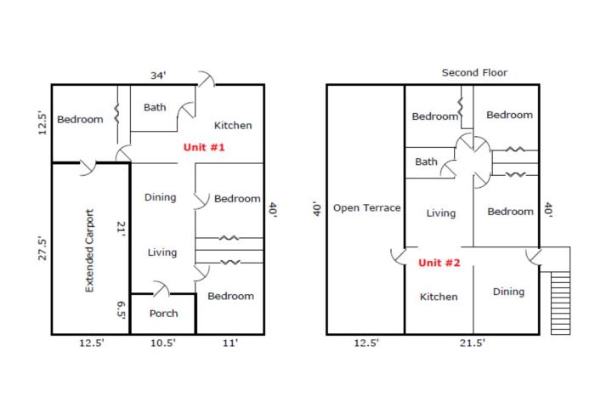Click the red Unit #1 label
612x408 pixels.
(204, 147)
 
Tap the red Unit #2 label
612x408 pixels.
(439, 263)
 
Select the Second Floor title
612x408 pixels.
(474, 72)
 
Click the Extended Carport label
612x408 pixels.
(89, 251)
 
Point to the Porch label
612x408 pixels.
(163, 313)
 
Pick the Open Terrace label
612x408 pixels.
(367, 207)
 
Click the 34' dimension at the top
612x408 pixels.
(158, 75)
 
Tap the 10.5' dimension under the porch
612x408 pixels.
(163, 343)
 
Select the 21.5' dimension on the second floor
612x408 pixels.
(473, 343)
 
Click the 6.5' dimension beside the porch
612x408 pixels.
(122, 310)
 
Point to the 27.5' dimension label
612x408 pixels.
(42, 248)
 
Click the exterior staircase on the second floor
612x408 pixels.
(560, 303)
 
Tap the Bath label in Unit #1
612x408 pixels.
(155, 107)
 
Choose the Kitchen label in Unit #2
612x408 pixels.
(439, 297)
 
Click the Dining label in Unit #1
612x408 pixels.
(160, 197)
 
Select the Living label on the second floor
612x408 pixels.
(441, 213)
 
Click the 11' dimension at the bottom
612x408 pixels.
(230, 343)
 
